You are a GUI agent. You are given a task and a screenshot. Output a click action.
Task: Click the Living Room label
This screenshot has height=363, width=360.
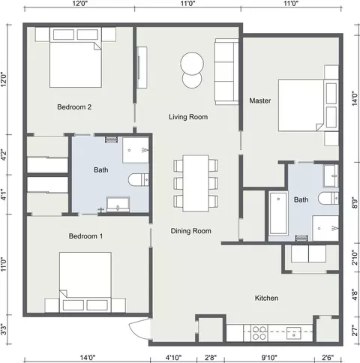(x=188, y=117)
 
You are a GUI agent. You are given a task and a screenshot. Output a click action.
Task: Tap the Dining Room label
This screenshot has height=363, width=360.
(x=190, y=231)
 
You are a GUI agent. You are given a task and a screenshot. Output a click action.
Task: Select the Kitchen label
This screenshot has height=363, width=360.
(x=266, y=298)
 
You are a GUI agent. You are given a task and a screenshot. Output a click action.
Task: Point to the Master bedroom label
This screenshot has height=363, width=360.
(x=260, y=100)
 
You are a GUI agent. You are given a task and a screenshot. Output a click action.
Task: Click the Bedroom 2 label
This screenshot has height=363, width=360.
(x=74, y=107)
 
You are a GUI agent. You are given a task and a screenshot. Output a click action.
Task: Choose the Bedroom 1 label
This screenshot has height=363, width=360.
(x=85, y=236)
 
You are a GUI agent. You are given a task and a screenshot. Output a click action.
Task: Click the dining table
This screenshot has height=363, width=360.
(x=196, y=184)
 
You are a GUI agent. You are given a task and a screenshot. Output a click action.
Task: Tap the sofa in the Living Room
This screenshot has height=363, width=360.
(x=226, y=71)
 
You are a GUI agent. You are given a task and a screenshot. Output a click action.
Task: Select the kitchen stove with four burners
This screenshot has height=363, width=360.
(x=259, y=333)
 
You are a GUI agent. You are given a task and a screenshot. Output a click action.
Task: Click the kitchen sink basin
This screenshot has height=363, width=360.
(x=294, y=333)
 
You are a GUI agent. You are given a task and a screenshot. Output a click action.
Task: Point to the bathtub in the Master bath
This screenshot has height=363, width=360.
(x=278, y=213)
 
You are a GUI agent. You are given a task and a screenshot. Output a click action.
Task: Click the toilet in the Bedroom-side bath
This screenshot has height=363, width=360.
(x=139, y=180)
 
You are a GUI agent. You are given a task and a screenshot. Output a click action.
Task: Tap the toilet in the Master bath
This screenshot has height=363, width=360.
(x=328, y=198)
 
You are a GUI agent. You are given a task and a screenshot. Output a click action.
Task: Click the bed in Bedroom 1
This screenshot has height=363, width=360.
(x=85, y=282)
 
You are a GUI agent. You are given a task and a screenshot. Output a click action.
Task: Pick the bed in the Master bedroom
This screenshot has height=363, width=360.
(x=308, y=105)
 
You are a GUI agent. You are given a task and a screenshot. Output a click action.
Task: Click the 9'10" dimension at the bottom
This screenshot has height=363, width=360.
(x=269, y=357)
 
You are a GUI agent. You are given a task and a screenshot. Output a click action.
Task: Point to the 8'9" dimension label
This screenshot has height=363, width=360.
(x=355, y=202)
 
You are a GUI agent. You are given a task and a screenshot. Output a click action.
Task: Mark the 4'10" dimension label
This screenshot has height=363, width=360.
(x=173, y=357)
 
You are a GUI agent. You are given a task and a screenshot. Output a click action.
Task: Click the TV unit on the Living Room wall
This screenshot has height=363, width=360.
(x=142, y=67)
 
